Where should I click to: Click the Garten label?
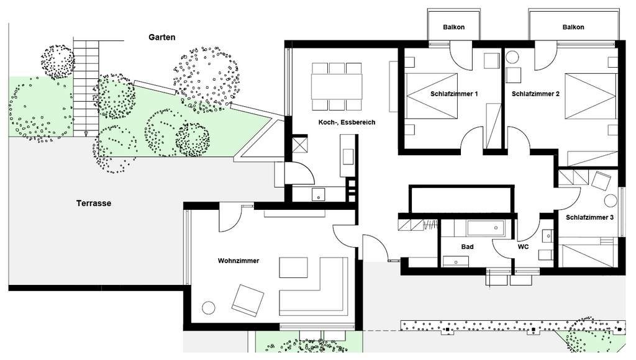[162, 37]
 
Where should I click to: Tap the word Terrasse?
[94, 204]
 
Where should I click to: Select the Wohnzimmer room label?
[238, 261]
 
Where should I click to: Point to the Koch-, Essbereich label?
[347, 122]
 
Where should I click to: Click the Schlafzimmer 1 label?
[454, 94]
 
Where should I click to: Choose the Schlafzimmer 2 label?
[535, 94]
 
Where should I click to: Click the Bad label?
[467, 246]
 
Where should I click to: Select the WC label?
[523, 246]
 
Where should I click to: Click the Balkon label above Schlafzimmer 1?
[454, 27]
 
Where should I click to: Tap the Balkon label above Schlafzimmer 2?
[573, 27]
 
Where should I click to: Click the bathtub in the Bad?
[486, 228]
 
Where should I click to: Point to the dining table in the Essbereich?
[337, 86]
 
